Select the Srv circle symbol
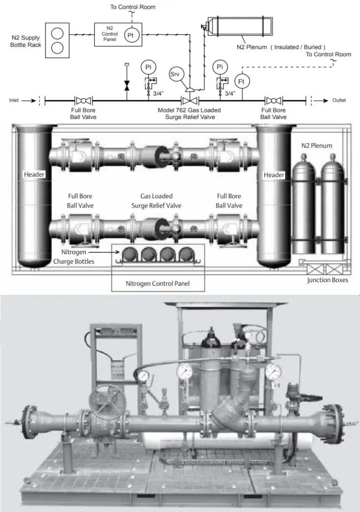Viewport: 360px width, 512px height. point(174,75)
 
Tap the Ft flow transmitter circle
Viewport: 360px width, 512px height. point(242,82)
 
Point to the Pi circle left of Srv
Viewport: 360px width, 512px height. point(148,67)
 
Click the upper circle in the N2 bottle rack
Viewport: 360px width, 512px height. point(57,33)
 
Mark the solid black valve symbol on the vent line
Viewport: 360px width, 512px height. point(126,86)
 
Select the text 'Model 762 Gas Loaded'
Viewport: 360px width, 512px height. point(189,111)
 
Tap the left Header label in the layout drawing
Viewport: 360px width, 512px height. point(34,175)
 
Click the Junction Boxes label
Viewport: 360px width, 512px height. point(327,280)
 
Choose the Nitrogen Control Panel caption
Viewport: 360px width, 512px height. point(157,283)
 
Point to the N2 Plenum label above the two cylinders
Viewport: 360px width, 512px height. point(316,146)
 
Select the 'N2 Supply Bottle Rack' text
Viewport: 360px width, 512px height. point(26,41)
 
